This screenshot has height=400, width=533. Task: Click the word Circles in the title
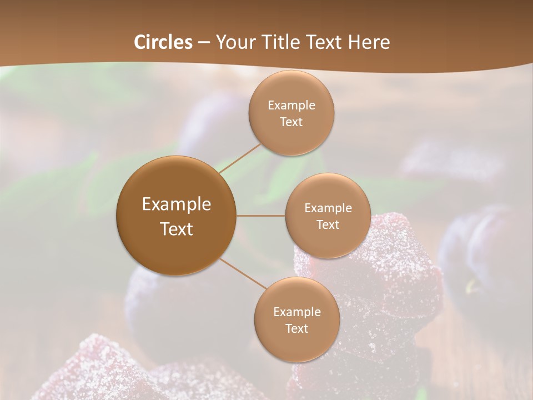coord(163,42)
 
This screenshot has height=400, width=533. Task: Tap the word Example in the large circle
coord(177,204)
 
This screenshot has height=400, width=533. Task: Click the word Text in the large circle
coord(177,229)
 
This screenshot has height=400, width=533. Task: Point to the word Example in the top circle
coord(291,106)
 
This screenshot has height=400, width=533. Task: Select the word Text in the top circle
coord(291,122)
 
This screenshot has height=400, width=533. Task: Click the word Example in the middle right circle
coord(328,208)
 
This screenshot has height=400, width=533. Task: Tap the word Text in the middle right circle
coord(328,224)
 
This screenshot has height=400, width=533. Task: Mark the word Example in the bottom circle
coord(297,312)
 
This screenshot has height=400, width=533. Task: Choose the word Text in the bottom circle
coord(297,328)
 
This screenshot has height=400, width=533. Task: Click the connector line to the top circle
coord(240,158)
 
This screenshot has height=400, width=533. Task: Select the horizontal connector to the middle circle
coord(260,216)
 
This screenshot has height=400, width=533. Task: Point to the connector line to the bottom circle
coord(242,273)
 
